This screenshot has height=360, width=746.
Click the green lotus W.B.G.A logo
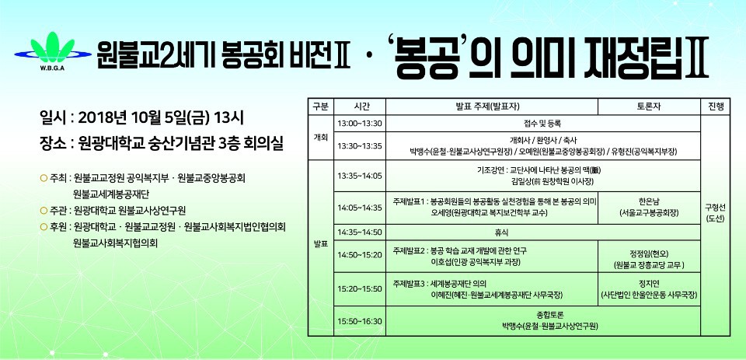[52, 50]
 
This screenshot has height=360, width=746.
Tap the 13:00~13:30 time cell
[360, 124]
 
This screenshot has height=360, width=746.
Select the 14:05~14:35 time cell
[360, 208]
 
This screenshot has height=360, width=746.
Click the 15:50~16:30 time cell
[360, 321]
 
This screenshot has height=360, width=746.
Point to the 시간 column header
[360, 107]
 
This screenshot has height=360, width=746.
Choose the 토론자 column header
[649, 107]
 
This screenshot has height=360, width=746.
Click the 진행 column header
[715, 107]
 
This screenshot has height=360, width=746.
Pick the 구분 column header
[321, 107]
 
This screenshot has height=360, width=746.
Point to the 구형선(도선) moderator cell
[715, 213]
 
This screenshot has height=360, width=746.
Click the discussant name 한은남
[649, 201]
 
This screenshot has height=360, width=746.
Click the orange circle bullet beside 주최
[44, 179]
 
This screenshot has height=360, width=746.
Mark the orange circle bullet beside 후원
[44, 227]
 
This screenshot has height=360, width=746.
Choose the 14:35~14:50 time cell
[360, 232]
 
